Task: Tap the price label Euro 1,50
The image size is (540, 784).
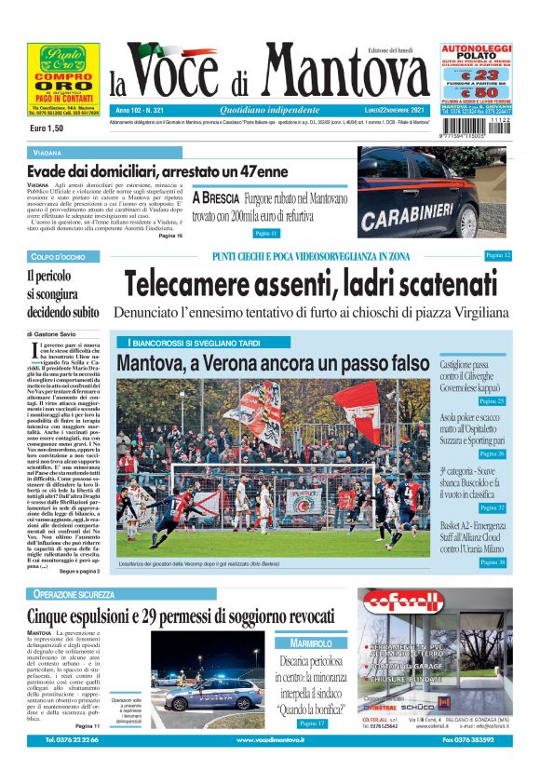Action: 46,128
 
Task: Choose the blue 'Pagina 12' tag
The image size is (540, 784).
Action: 498,255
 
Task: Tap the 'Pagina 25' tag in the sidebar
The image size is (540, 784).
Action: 492,401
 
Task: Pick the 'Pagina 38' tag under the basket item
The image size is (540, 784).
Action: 492,562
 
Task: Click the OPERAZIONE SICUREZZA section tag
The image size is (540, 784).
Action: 74,594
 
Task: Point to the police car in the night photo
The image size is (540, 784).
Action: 211,692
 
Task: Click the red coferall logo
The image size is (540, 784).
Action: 434,612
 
